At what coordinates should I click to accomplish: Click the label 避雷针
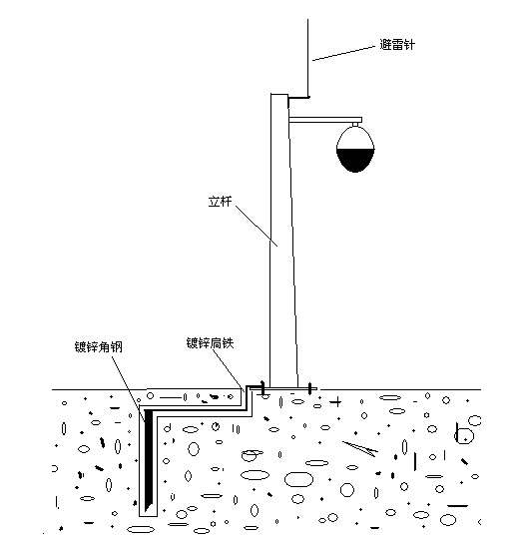point(397,45)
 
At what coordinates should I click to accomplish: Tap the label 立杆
point(220,202)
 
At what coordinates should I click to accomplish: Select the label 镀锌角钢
point(99,347)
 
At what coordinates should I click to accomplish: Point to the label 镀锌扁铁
point(210,343)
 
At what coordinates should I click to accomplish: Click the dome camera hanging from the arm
point(355,150)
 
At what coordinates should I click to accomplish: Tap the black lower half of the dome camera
point(355,160)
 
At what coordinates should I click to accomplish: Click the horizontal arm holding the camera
point(325,120)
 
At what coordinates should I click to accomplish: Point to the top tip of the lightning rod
point(307,20)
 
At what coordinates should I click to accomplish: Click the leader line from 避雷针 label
point(344,53)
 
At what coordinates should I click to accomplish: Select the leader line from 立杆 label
point(257,226)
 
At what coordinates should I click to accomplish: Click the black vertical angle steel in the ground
point(149,461)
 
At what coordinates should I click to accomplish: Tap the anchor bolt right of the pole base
point(309,388)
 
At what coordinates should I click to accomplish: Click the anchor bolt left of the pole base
point(262,387)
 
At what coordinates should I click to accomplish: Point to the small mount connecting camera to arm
point(355,125)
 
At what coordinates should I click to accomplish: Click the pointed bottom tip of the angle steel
point(146,511)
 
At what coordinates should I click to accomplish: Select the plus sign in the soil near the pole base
point(336,402)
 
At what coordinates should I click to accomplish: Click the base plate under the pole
point(283,388)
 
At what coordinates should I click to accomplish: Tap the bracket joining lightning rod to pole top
point(298,98)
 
